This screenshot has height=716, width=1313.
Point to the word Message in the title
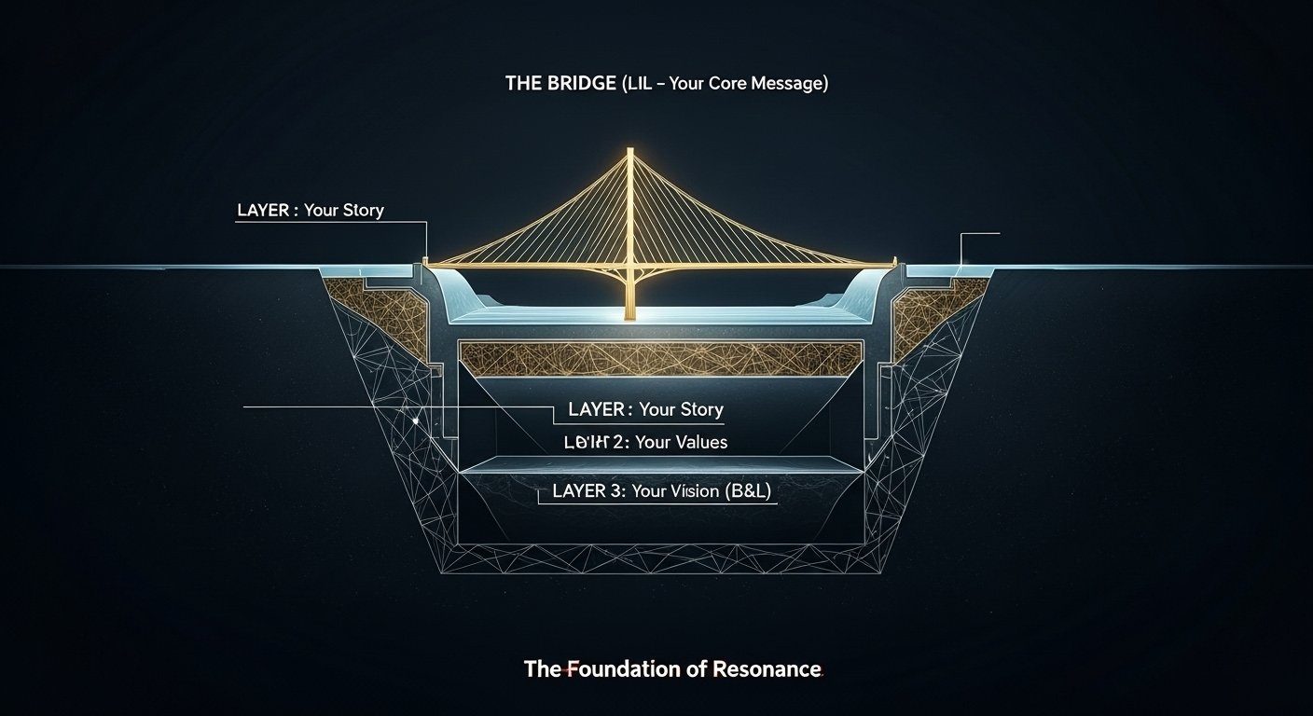[790, 83]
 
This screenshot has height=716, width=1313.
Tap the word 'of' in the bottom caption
[699, 668]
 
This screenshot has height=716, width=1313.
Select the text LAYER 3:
[587, 491]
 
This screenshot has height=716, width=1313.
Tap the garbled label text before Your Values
[585, 442]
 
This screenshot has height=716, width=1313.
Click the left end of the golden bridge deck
[428, 263]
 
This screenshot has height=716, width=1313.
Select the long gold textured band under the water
[660, 359]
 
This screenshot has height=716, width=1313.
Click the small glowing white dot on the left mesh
[414, 420]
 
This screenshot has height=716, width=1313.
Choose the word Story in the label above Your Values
[697, 409]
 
